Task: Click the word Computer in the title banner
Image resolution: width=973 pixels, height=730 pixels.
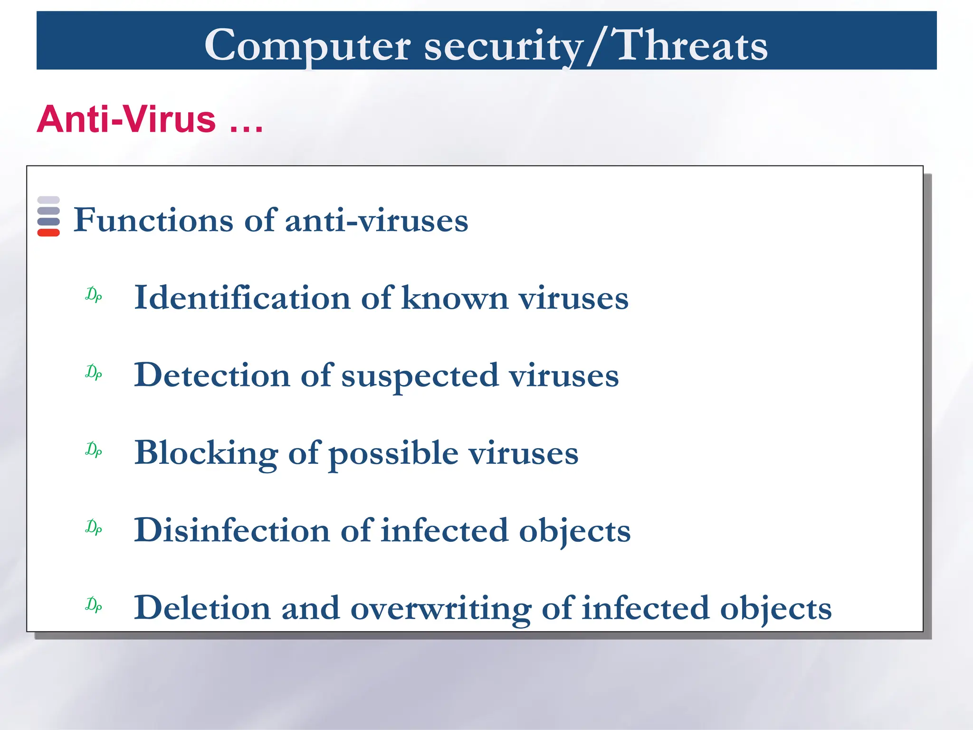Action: click(x=307, y=45)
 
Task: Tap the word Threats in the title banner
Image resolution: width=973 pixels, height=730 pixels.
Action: click(x=691, y=45)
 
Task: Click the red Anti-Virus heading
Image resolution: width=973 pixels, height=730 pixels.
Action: click(x=150, y=119)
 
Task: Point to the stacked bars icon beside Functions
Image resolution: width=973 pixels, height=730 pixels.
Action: click(x=48, y=216)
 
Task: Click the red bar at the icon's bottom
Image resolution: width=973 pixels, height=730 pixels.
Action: click(x=48, y=232)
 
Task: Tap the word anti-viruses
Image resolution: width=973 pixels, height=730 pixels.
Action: click(x=376, y=221)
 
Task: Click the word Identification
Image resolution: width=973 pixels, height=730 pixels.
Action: click(x=242, y=298)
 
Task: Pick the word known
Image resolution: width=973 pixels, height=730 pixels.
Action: click(x=455, y=298)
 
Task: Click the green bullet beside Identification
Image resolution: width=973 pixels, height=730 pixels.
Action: click(x=94, y=295)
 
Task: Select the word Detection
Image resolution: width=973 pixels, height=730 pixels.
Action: click(x=212, y=375)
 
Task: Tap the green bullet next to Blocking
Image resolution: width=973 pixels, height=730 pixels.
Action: click(x=94, y=450)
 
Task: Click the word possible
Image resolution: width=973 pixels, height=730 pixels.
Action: click(x=393, y=453)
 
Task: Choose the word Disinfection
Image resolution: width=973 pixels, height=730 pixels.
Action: click(x=232, y=530)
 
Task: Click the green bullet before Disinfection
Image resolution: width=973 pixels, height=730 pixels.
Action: click(x=94, y=527)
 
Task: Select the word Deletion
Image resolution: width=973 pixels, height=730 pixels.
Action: click(x=202, y=608)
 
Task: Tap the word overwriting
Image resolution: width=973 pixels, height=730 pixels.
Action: click(x=440, y=609)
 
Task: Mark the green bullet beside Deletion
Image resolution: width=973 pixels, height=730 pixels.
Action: click(x=94, y=605)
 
